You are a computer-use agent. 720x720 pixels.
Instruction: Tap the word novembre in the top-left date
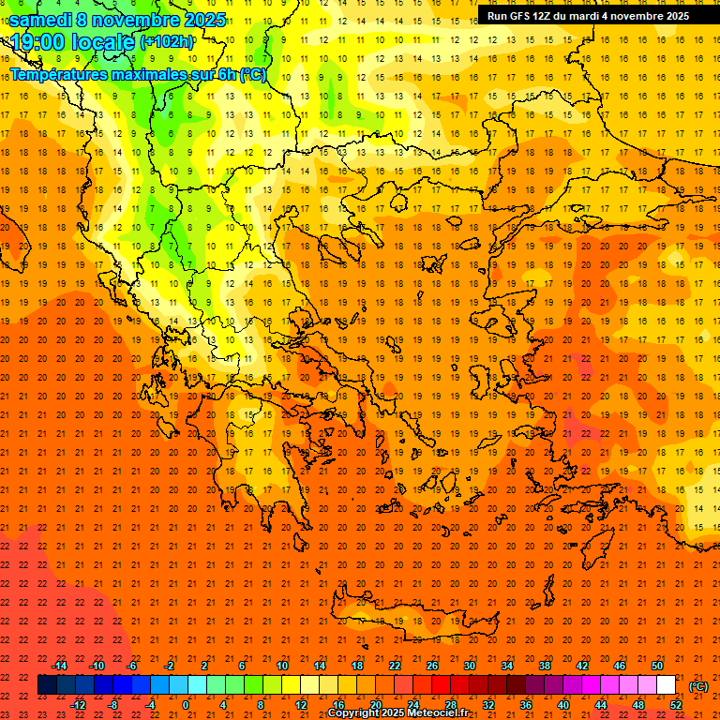tap(137, 20)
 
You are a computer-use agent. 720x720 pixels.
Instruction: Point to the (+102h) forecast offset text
tap(167, 42)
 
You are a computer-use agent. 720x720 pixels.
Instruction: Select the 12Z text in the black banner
tap(545, 16)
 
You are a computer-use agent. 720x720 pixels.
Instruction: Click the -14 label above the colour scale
tap(59, 666)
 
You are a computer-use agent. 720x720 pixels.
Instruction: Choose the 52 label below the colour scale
tap(676, 705)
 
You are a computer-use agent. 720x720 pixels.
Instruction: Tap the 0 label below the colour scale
tap(186, 705)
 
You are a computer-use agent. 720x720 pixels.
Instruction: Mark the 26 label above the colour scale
tap(432, 666)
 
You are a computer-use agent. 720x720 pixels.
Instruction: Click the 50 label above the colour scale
tap(657, 666)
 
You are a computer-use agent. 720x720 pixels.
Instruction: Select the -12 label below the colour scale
tap(78, 705)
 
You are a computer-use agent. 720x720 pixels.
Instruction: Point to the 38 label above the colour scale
tap(545, 666)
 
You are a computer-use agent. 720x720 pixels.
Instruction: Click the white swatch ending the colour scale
tap(667, 685)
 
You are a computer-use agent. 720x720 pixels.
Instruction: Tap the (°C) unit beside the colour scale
tap(698, 686)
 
